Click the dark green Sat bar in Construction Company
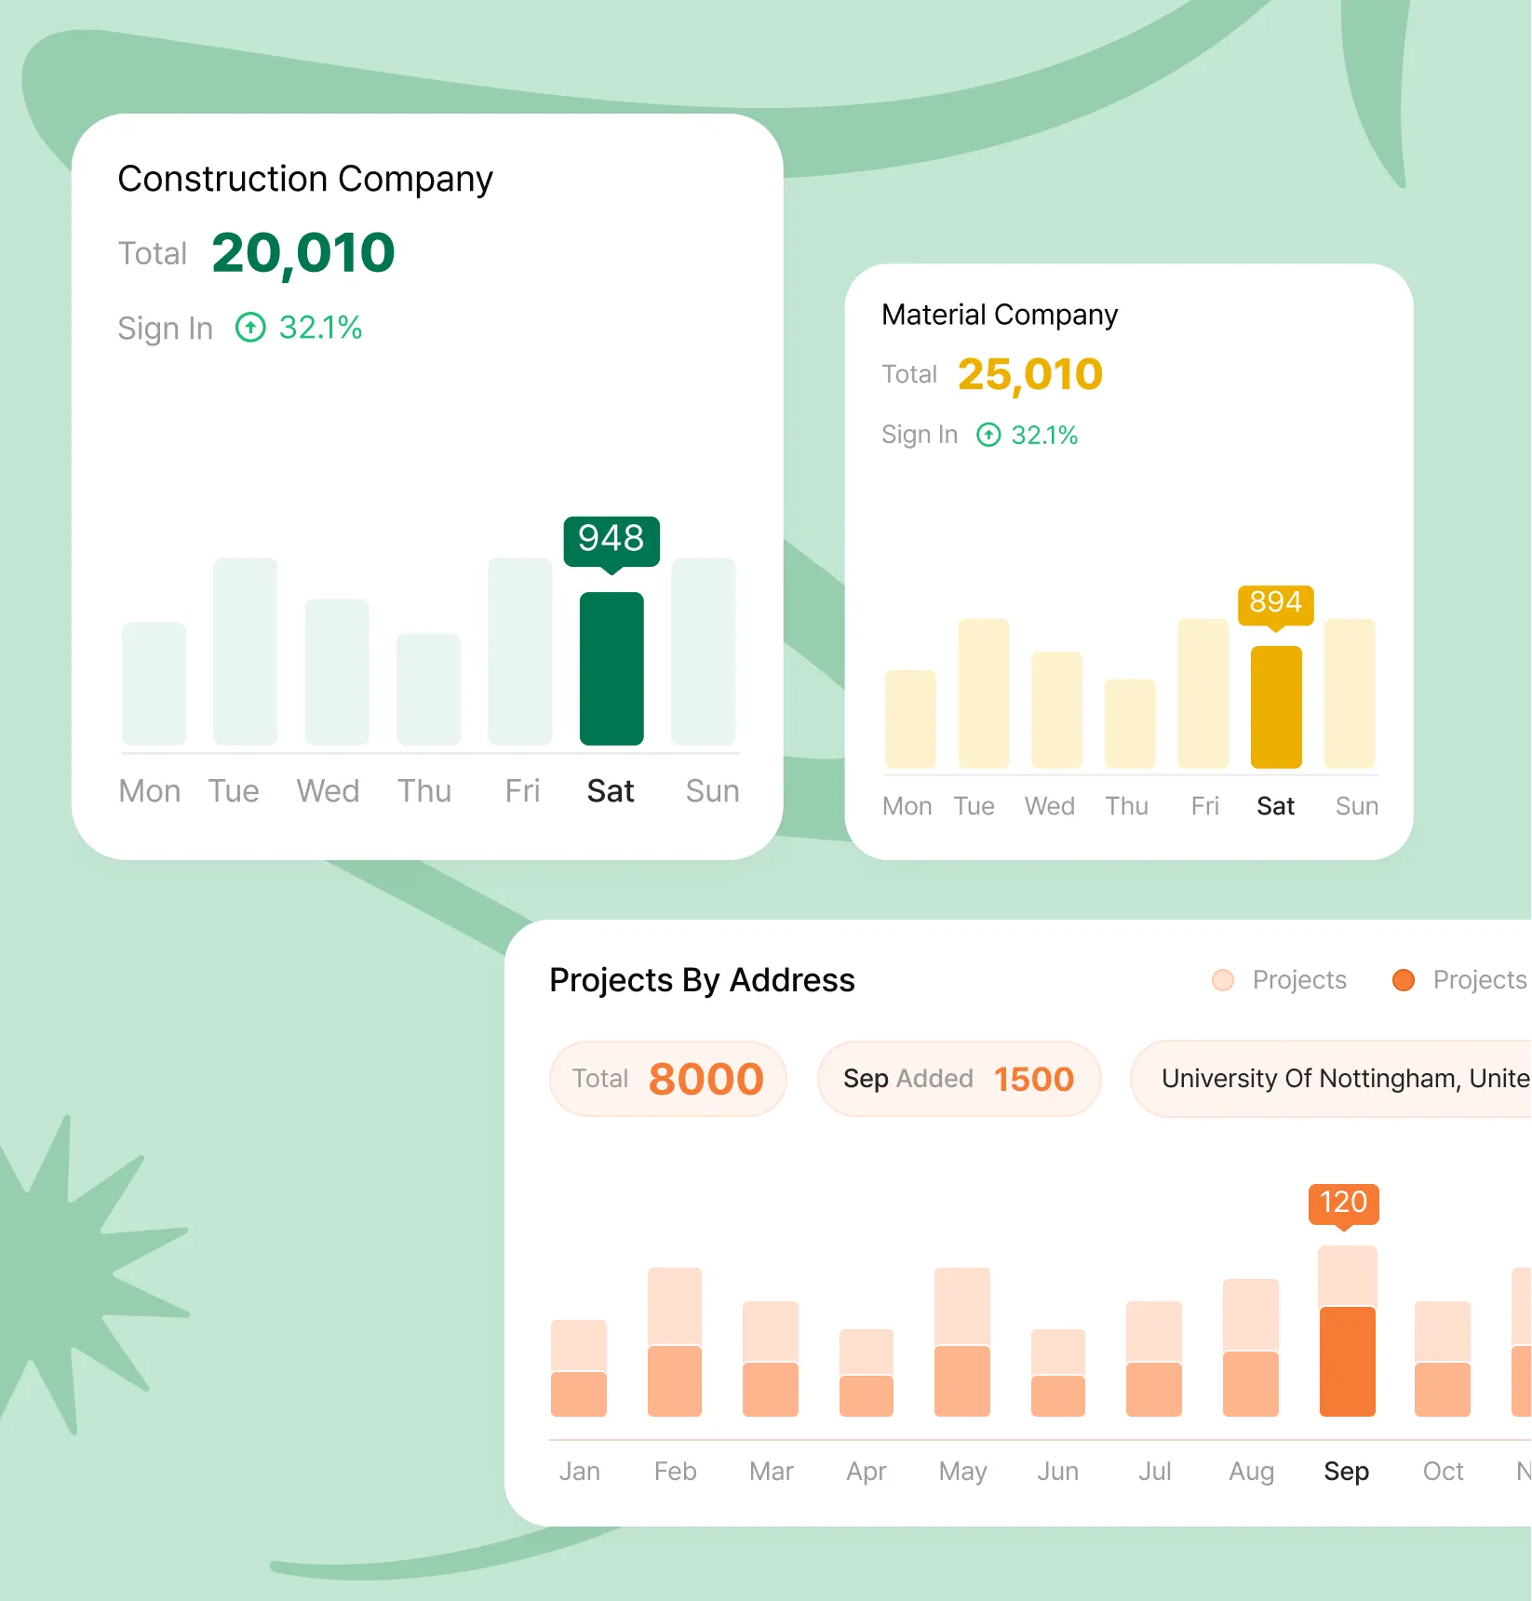pyautogui.click(x=611, y=668)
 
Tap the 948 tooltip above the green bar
pyautogui.click(x=611, y=539)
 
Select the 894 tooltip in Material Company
pyautogui.click(x=1275, y=603)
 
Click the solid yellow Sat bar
pyautogui.click(x=1275, y=706)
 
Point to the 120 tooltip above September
pyautogui.click(x=1343, y=1203)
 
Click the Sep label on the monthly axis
pyautogui.click(x=1346, y=1471)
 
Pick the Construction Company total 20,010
pyautogui.click(x=303, y=253)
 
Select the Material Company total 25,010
pyautogui.click(x=1030, y=374)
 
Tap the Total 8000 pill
pyautogui.click(x=668, y=1079)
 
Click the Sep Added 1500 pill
pyautogui.click(x=959, y=1079)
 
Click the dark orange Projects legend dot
pyautogui.click(x=1403, y=980)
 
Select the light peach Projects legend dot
pyautogui.click(x=1223, y=980)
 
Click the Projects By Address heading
pyautogui.click(x=702, y=980)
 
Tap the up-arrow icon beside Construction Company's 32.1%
pyautogui.click(x=250, y=328)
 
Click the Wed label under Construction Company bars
pyautogui.click(x=328, y=791)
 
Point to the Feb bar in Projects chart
pyautogui.click(x=675, y=1342)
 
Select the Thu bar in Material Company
pyautogui.click(x=1130, y=724)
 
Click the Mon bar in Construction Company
pyautogui.click(x=154, y=683)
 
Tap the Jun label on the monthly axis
pyautogui.click(x=1058, y=1471)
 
